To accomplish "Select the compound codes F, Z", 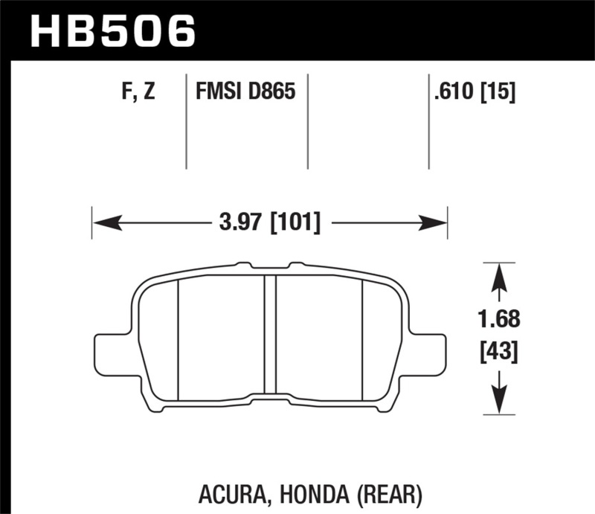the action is point(138,91).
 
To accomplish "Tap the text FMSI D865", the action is point(245,91).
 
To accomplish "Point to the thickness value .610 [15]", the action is point(475,91).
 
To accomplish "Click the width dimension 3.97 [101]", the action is point(270,222).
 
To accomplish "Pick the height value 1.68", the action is point(499,319).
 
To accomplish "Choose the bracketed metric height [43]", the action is point(499,352).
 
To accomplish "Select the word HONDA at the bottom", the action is point(315,495).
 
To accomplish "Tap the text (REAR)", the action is point(389,495).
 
